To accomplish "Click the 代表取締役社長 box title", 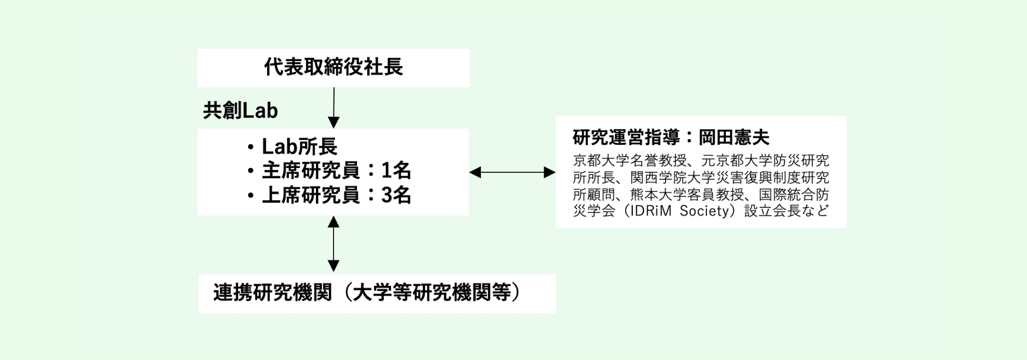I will tap(334, 67).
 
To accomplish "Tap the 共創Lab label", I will tap(240, 110).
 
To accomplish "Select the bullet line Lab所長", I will tap(299, 147).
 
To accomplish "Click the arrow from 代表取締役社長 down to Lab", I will tap(334, 107).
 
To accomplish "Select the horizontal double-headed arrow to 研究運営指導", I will tap(512, 172).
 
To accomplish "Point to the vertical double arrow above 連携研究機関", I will tap(334, 244).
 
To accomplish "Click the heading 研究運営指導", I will tap(626, 137).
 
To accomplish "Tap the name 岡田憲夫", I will tap(734, 137).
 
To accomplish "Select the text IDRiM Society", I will tap(676, 211).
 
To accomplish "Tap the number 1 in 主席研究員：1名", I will tap(387, 171).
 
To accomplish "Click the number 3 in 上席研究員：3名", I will tap(387, 196).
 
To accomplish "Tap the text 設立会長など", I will tap(786, 211).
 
